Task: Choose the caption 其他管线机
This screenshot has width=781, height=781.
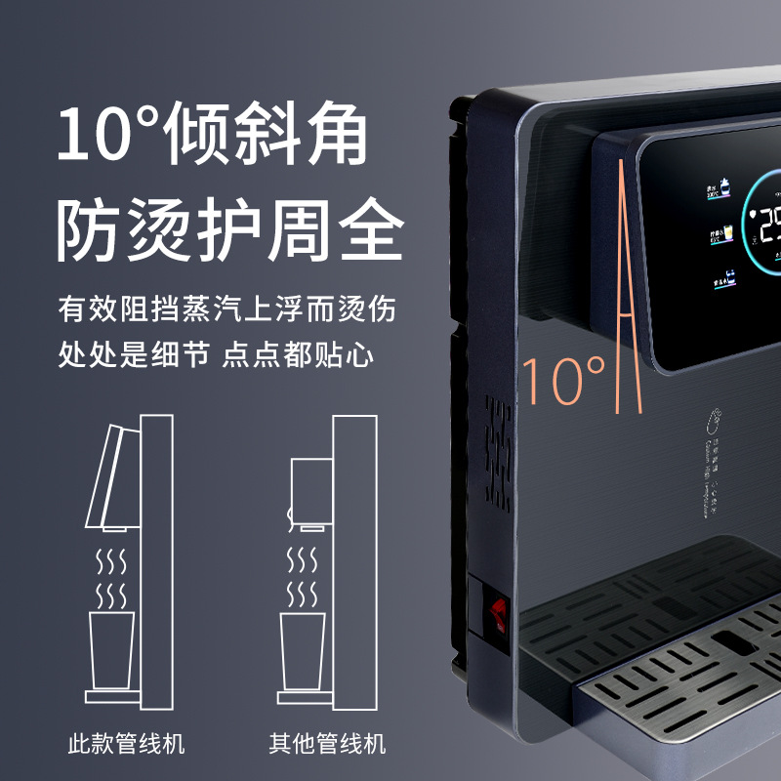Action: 327,744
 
